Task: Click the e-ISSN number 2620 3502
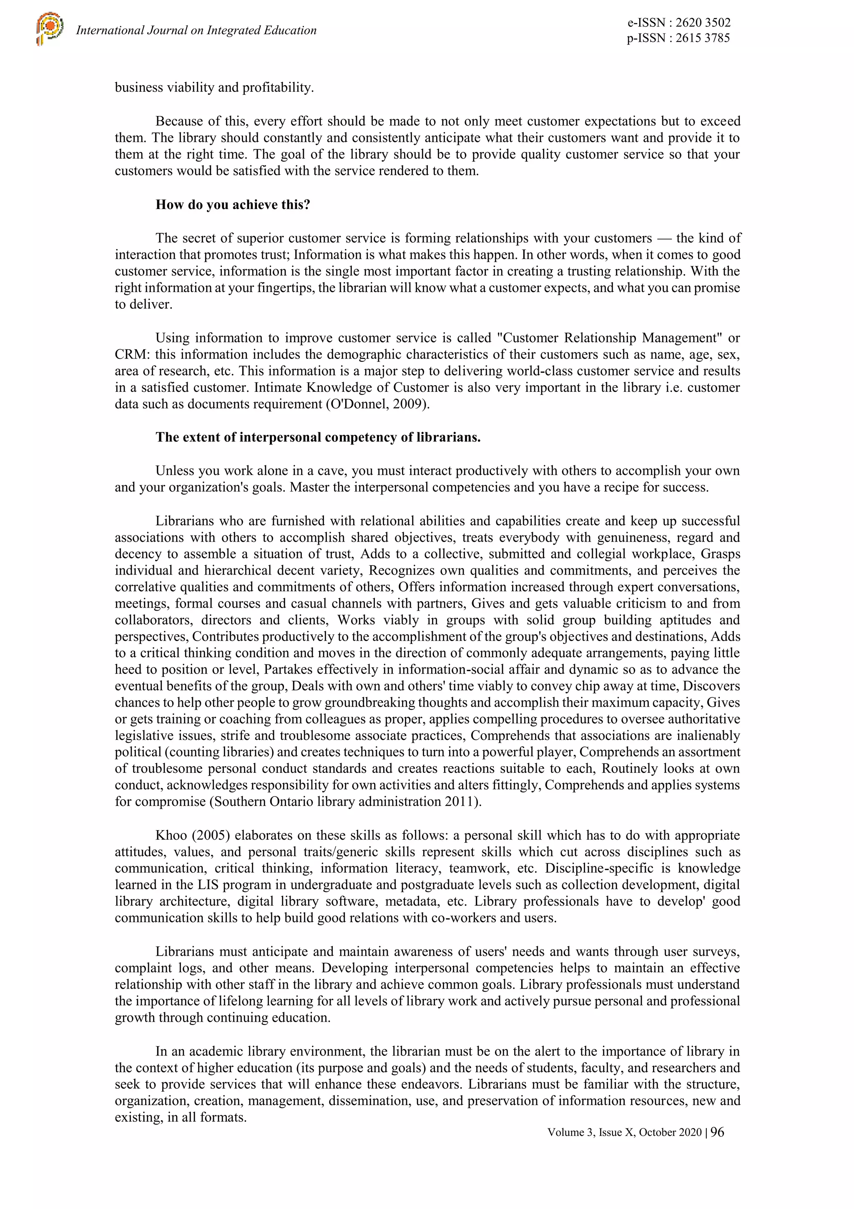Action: (x=703, y=23)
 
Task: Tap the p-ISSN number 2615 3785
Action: (x=703, y=38)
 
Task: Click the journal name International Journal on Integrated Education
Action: (x=196, y=30)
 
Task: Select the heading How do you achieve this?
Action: (x=233, y=204)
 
